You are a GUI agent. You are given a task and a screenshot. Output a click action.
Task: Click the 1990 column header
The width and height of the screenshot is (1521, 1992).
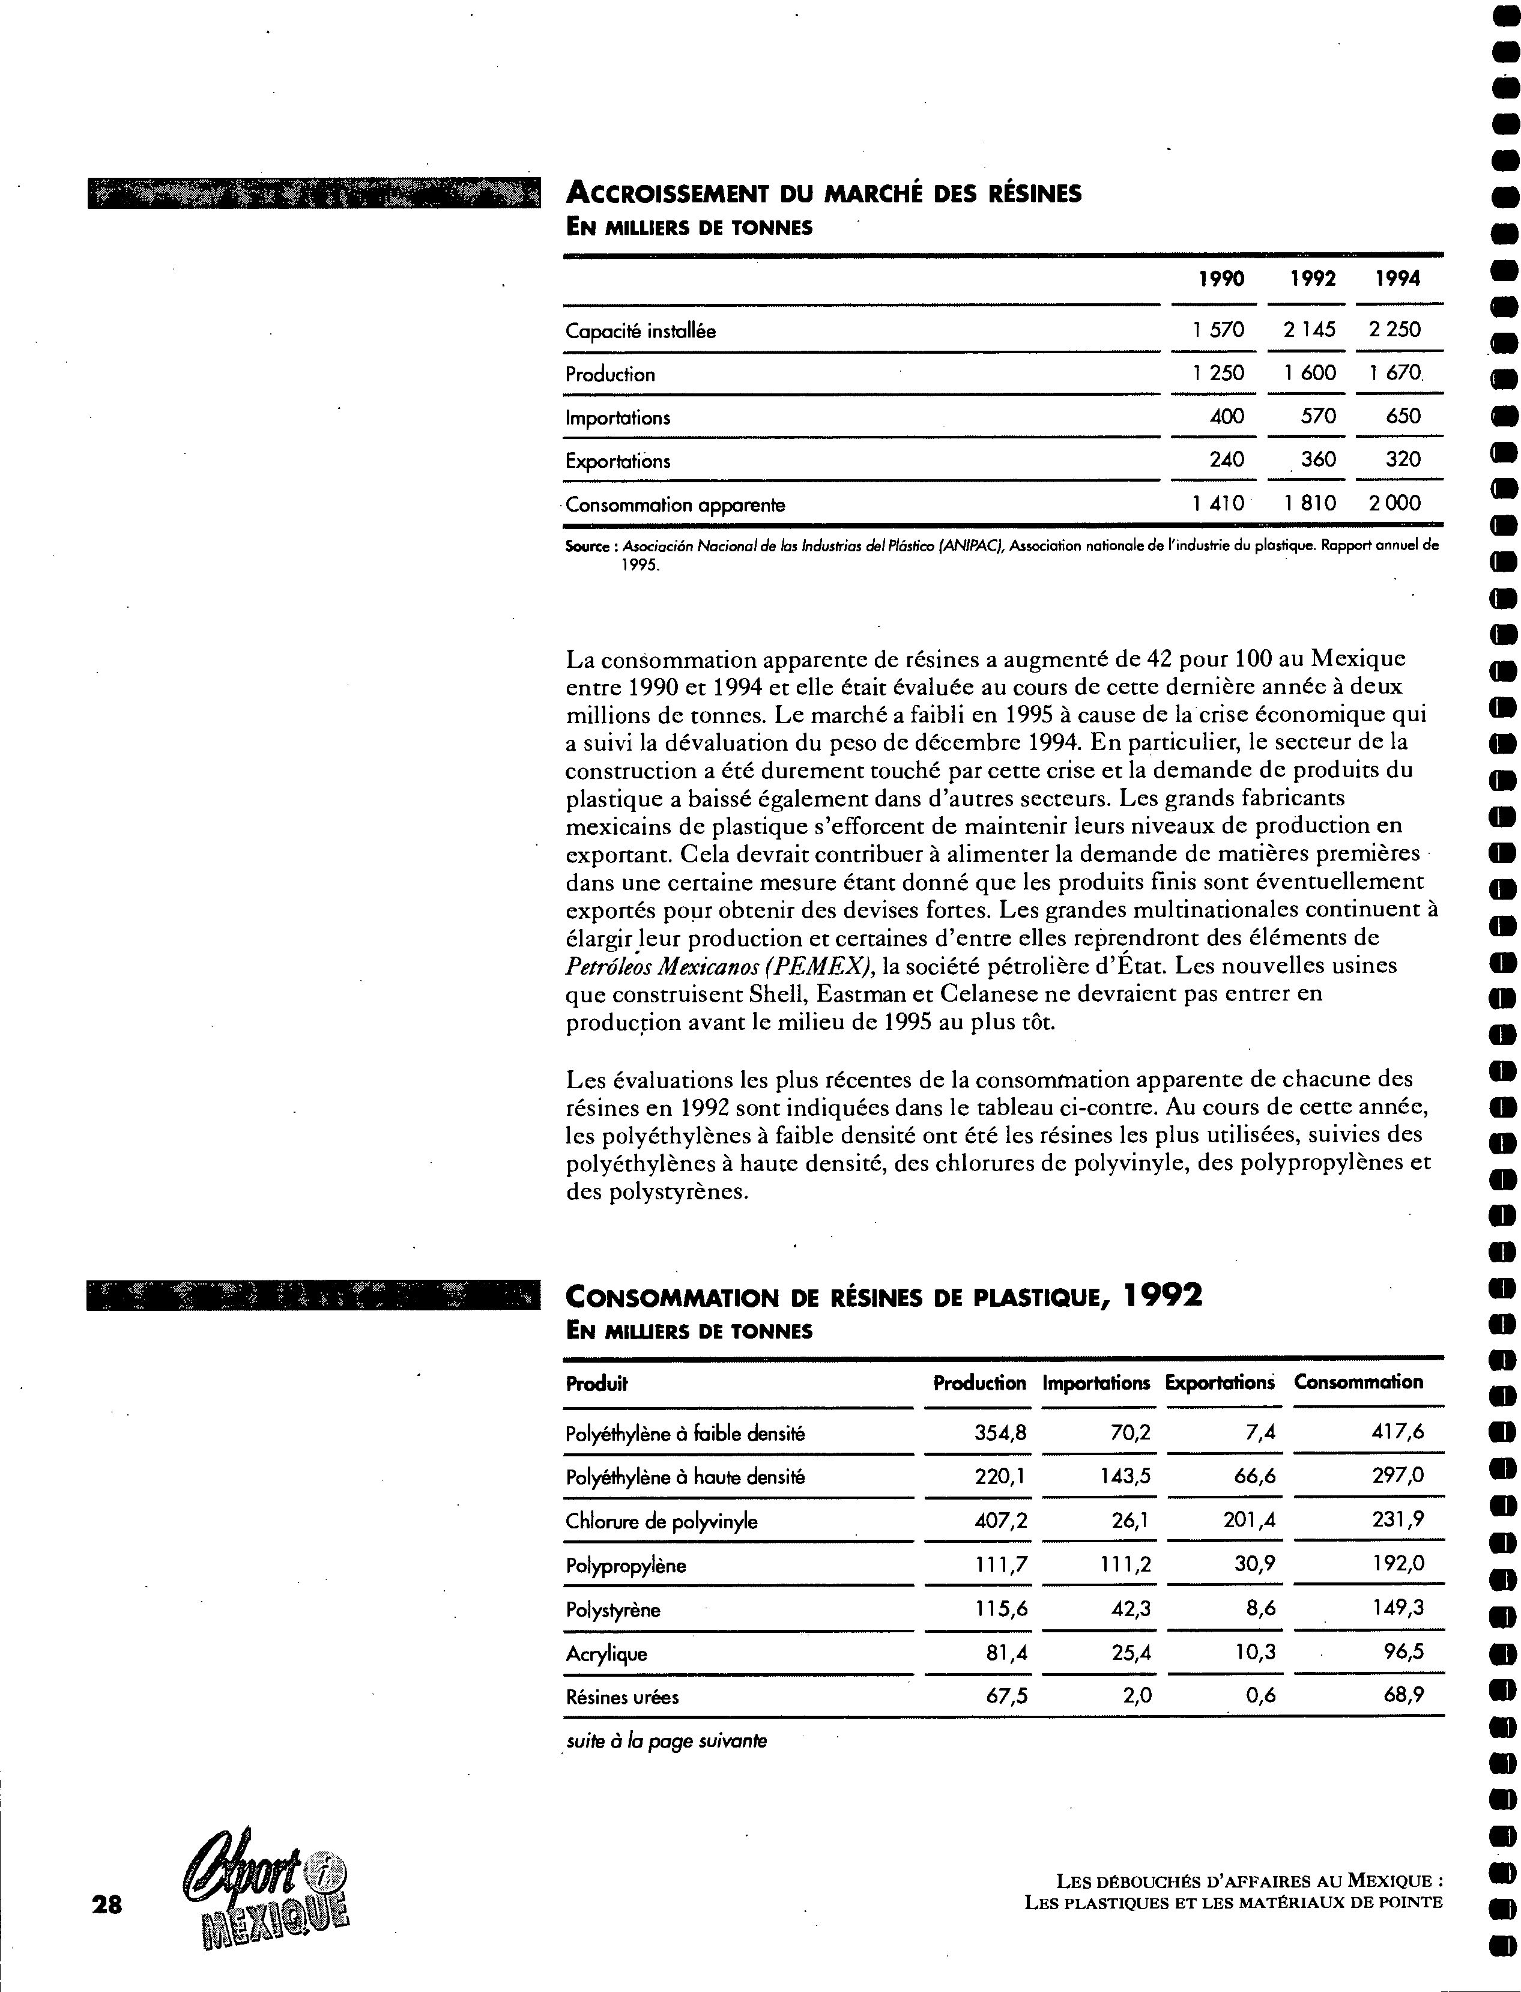click(1221, 279)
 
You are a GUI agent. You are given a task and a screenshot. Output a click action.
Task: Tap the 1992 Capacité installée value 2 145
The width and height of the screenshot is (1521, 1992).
click(1309, 330)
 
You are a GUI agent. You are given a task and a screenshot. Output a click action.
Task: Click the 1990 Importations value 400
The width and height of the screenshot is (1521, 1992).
click(1227, 417)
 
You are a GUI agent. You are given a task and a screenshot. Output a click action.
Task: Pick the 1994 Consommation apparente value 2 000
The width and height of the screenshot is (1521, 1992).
click(1394, 503)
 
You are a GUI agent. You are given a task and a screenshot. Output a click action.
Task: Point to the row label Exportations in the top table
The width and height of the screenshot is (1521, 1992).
click(617, 461)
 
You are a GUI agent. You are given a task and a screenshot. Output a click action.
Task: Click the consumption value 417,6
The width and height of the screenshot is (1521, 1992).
click(1399, 1432)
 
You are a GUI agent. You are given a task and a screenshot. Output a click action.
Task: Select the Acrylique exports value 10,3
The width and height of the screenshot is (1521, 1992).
click(1256, 1653)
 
